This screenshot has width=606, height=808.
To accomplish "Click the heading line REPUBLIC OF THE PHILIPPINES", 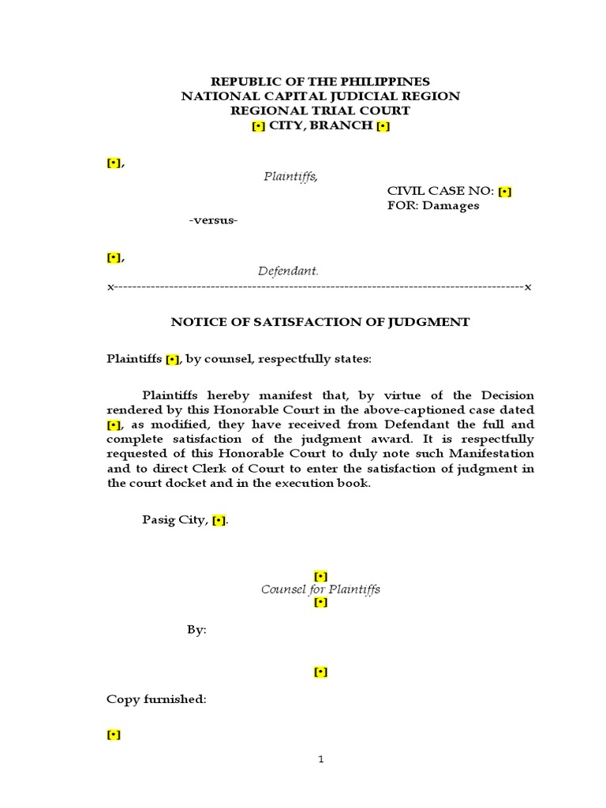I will tap(320, 81).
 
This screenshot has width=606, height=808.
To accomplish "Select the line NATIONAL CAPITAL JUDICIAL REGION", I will tap(320, 96).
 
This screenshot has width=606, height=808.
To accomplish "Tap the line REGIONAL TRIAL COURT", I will tap(320, 111).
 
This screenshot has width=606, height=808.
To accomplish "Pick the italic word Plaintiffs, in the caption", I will tap(291, 176).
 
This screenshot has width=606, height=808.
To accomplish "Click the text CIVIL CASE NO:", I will tap(440, 191).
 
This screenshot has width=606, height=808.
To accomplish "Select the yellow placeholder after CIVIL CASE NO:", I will tap(505, 191).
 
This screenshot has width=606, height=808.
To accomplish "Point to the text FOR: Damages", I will tap(433, 206).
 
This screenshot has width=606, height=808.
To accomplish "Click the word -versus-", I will tap(213, 220).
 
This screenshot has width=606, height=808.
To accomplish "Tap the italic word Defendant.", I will tap(289, 271).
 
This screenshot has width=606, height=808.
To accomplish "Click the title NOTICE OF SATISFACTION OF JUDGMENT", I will tap(320, 322).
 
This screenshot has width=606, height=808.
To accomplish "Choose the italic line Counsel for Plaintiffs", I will tap(320, 589).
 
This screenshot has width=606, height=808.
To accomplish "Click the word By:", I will tap(196, 630).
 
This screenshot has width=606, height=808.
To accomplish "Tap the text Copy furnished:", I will tap(156, 700).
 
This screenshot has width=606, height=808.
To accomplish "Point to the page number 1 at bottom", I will tap(320, 760).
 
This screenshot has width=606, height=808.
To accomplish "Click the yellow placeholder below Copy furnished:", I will tap(114, 735).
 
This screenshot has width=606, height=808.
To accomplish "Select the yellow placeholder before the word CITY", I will tap(258, 126).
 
